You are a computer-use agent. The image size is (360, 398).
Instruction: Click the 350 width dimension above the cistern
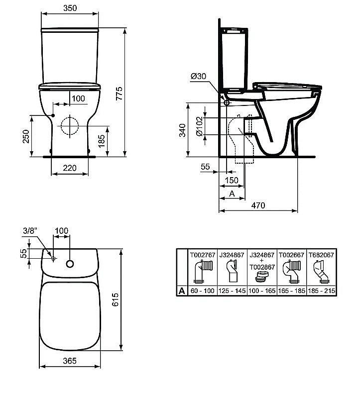pos(69,8)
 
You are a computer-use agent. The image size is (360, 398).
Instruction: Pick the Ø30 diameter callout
pos(198,76)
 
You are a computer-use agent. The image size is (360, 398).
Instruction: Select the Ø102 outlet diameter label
pos(199,126)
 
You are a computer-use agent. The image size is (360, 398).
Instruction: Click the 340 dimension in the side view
pos(183,130)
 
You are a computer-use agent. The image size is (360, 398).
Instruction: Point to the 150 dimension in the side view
pos(231,180)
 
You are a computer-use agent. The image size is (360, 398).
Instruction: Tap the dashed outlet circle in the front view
pos(69,126)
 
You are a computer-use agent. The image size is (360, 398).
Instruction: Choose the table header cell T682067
pos(321,254)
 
